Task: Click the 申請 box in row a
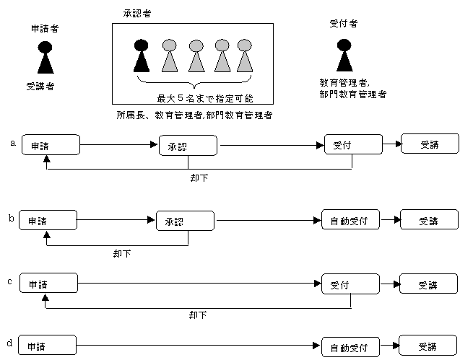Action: click(51, 144)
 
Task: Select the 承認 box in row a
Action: click(188, 146)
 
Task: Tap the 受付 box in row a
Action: click(354, 144)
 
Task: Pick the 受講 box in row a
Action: click(430, 144)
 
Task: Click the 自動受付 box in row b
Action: click(350, 219)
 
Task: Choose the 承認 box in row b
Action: click(185, 221)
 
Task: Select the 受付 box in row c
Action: click(350, 284)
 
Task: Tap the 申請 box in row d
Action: click(47, 346)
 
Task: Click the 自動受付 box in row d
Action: click(350, 347)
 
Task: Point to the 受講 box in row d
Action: click(428, 346)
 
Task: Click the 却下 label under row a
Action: click(199, 178)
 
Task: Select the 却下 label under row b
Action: click(122, 253)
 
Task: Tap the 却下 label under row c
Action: click(198, 315)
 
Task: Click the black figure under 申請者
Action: click(45, 58)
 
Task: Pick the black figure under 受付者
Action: click(344, 56)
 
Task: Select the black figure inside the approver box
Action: click(142, 56)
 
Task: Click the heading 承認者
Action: click(137, 14)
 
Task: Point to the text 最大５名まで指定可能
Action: click(205, 99)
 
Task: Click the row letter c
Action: click(9, 282)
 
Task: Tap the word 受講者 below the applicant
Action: click(40, 87)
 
